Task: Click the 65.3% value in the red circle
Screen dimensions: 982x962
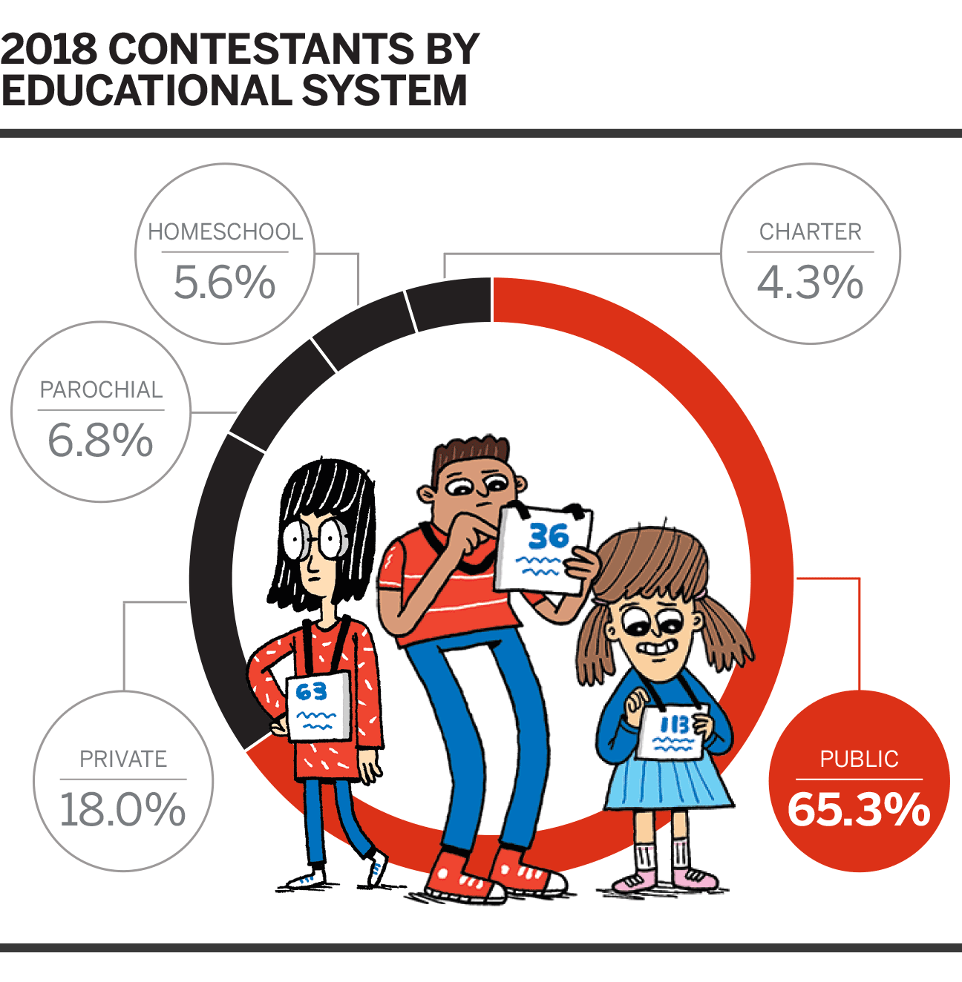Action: [859, 809]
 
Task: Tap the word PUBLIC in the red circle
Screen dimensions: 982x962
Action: [859, 759]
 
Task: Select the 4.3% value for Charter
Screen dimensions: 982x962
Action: [810, 283]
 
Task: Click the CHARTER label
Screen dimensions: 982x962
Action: [810, 232]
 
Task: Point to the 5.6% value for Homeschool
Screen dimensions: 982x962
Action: [224, 283]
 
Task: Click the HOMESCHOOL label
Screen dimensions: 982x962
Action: [225, 232]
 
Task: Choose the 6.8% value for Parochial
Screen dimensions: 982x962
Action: [100, 441]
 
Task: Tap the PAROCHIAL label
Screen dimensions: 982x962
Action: [101, 390]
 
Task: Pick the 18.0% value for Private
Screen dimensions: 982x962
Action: [122, 809]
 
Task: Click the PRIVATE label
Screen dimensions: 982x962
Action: [123, 759]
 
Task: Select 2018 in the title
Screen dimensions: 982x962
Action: [49, 49]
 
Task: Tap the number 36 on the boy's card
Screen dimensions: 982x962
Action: [549, 535]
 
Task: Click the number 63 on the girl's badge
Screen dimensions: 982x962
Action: [311, 692]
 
